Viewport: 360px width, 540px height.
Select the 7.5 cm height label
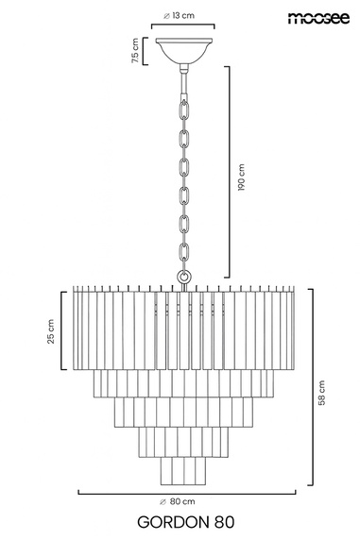(x=136, y=51)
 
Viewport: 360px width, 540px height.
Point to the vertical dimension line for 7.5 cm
(x=146, y=51)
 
